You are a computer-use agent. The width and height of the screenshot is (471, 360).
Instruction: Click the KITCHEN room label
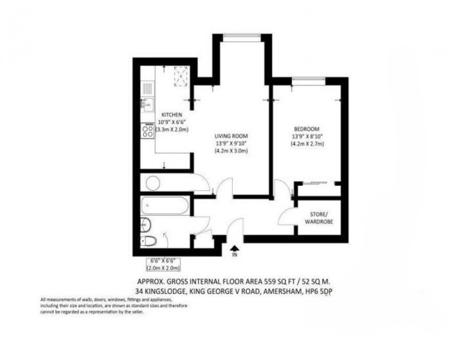pos(171,115)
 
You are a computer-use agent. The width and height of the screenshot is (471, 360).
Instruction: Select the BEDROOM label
pos(307,129)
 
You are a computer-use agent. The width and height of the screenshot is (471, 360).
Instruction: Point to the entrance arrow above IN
pos(235,248)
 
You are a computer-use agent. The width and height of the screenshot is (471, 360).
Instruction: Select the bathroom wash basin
pos(147,223)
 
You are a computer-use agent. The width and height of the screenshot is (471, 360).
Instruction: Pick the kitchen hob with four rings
pos(147,130)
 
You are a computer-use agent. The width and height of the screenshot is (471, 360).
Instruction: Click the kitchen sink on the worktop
pos(146,103)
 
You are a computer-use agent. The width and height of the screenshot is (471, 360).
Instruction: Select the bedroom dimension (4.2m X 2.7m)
pos(307,144)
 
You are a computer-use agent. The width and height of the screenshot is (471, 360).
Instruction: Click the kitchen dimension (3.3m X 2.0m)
pos(174,130)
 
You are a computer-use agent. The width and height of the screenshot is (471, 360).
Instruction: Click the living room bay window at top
pos(242,36)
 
